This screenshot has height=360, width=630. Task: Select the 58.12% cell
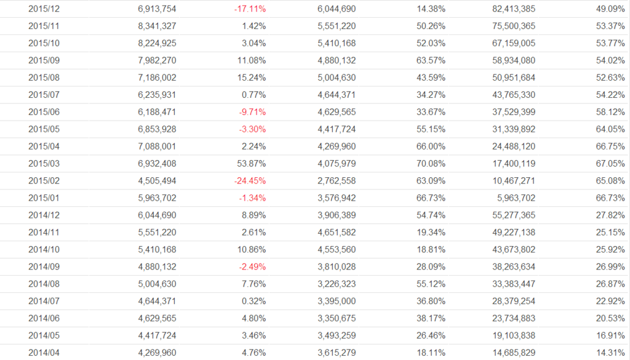pyautogui.click(x=599, y=112)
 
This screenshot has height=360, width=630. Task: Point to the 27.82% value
pyautogui.click(x=599, y=215)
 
